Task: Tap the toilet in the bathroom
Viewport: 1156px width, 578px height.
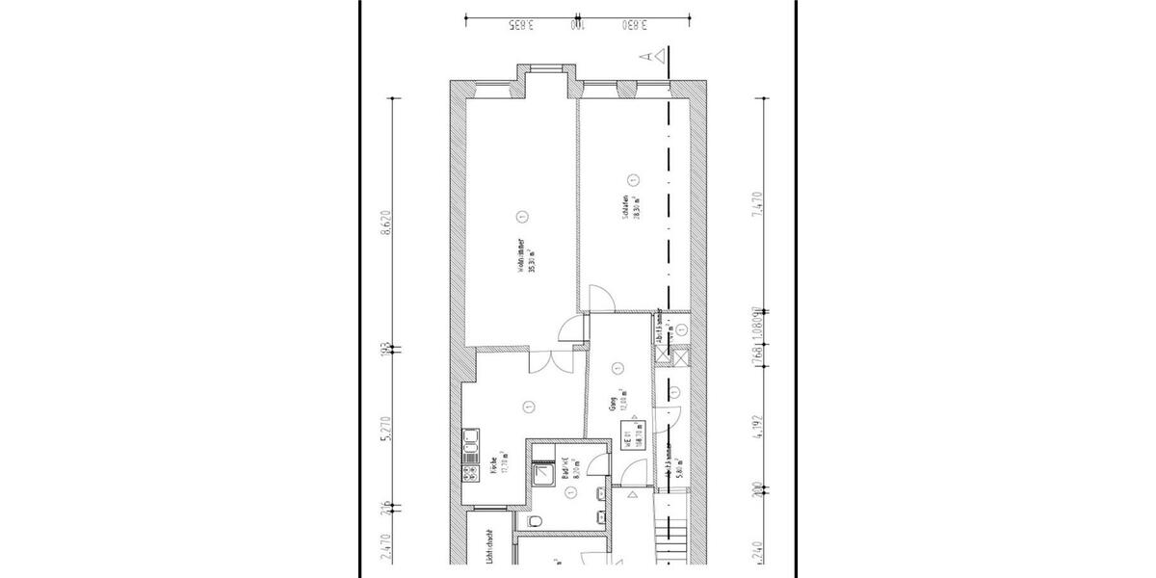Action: [538, 521]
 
